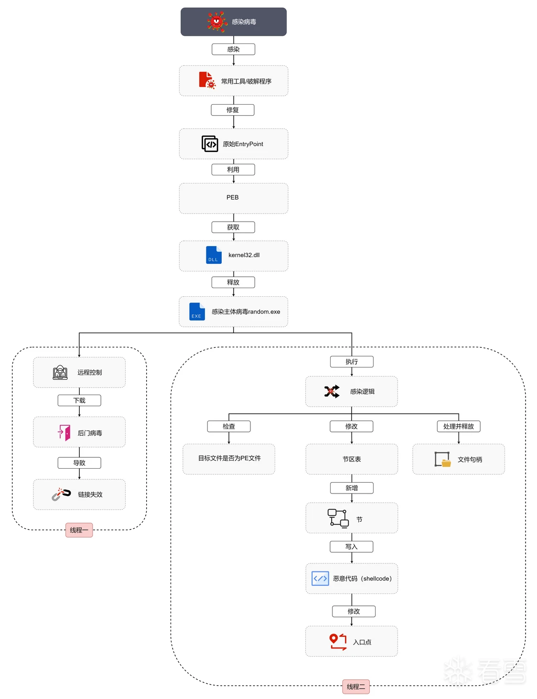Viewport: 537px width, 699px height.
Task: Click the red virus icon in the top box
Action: coord(217,22)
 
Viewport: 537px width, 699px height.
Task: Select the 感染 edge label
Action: coord(233,49)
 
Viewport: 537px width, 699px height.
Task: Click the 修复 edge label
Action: coord(233,110)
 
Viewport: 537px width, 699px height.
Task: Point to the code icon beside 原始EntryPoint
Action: coord(210,144)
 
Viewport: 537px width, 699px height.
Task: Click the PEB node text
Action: coord(233,197)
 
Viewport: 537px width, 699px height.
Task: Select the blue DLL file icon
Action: coord(214,255)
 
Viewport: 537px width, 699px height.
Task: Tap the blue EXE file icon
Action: coord(197,312)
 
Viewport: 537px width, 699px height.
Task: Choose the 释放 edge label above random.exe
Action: coord(233,282)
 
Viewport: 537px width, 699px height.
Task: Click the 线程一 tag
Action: coord(79,530)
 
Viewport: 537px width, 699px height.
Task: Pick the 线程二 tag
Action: coord(356,687)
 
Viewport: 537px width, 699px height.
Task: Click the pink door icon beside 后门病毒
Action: coord(64,432)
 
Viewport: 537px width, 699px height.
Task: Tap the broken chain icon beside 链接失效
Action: coord(61,494)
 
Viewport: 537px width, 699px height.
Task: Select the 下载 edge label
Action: coord(79,400)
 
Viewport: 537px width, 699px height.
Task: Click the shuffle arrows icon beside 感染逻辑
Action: coord(332,391)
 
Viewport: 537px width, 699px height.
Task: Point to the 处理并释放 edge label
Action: coord(459,426)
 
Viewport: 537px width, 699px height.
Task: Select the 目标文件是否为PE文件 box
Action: coord(229,459)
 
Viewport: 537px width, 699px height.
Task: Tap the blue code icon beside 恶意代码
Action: coord(320,579)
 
